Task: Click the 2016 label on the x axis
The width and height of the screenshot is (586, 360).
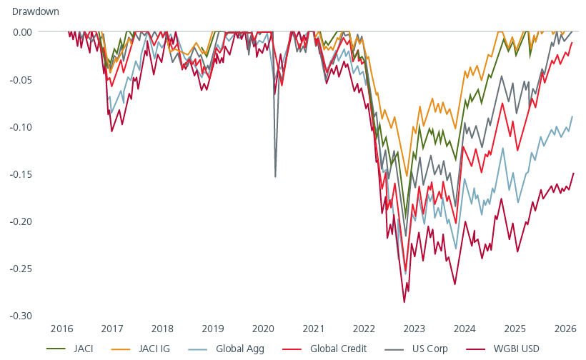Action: coord(61,329)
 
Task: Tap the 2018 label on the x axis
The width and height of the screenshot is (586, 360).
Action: coord(162,329)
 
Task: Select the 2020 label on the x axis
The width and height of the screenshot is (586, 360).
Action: coord(263,329)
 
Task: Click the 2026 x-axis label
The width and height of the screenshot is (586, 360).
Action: coord(565,329)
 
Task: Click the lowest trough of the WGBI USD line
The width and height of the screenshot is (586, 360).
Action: coord(404,302)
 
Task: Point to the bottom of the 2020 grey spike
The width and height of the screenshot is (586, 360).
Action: coord(276,176)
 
